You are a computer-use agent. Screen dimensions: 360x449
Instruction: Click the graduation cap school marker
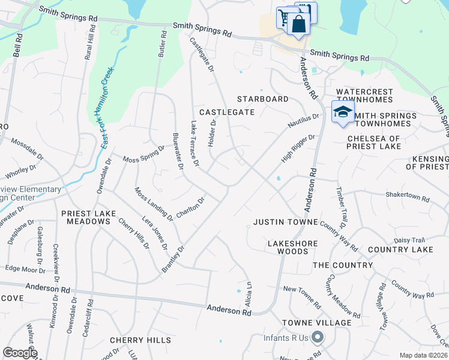tap(343, 112)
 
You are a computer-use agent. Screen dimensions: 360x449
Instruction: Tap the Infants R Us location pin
tap(318, 338)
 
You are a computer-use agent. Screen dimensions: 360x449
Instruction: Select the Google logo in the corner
tap(20, 353)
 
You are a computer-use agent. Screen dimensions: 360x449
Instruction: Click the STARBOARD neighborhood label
tap(262, 98)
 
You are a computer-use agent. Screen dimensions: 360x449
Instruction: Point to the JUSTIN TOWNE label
tap(285, 222)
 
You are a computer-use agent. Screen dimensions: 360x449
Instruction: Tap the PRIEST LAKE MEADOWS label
tap(85, 217)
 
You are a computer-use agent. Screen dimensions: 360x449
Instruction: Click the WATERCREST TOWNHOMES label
tap(364, 96)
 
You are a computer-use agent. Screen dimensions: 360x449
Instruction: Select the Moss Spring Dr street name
tap(143, 154)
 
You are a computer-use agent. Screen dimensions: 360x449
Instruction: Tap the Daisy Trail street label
tap(409, 240)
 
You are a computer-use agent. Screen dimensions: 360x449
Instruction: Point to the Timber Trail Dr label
tap(341, 213)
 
